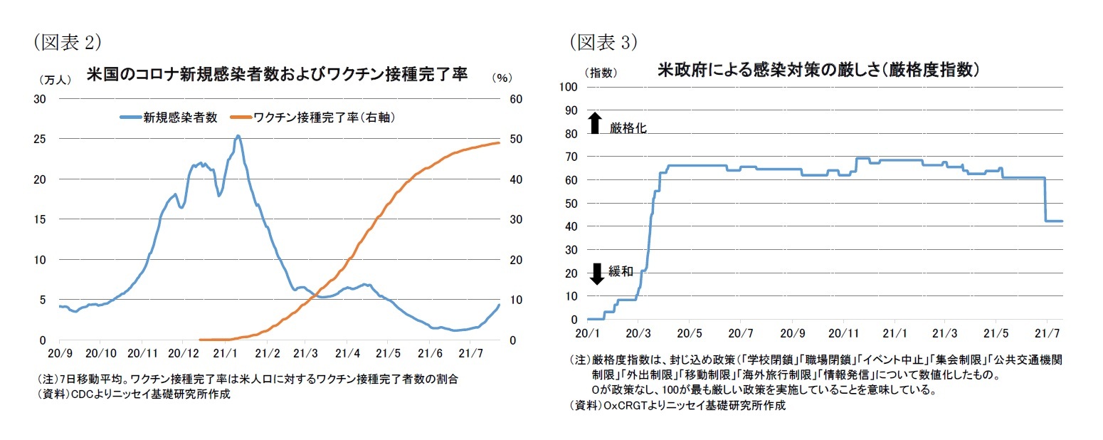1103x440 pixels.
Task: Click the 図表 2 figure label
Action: pos(68,42)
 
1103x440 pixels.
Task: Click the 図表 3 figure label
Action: pos(603,42)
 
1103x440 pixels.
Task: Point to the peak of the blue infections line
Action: pos(238,135)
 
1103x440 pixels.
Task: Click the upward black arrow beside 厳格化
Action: pos(596,123)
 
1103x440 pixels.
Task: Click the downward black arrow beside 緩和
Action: pos(597,273)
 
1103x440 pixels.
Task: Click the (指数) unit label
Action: pos(601,73)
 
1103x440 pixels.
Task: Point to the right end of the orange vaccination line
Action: pos(499,142)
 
